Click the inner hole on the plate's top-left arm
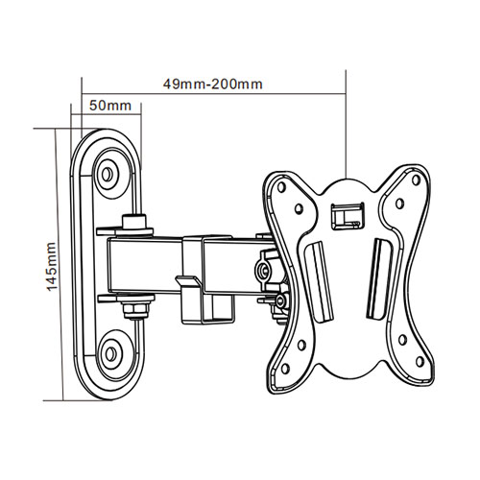(x=300, y=206)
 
